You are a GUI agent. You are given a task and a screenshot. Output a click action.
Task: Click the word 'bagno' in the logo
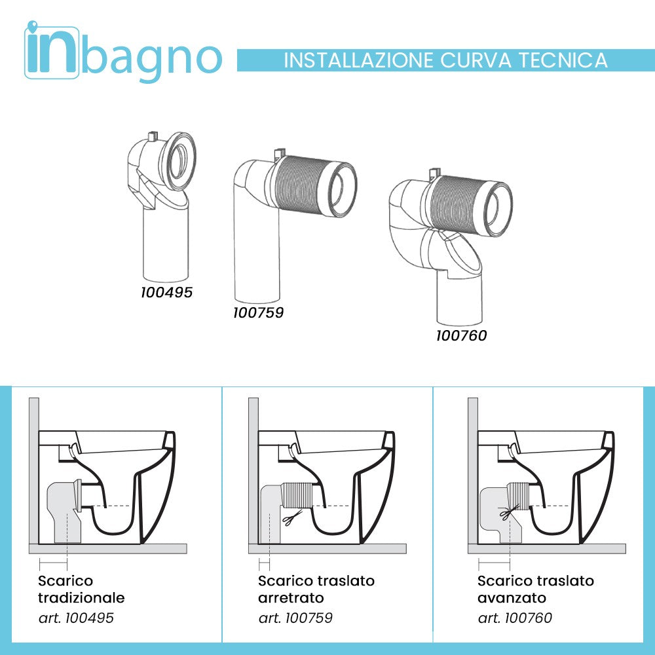pyautogui.click(x=153, y=58)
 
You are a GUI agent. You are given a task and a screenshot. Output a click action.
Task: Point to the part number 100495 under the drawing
pyautogui.click(x=167, y=292)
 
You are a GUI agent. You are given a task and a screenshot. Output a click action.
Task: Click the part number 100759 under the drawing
pyautogui.click(x=258, y=313)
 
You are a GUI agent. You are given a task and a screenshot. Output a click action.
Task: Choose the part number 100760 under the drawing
pyautogui.click(x=462, y=336)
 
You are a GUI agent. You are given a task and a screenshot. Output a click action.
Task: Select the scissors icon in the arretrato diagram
pyautogui.click(x=288, y=519)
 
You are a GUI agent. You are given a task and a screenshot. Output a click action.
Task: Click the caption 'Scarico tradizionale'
pyautogui.click(x=81, y=589)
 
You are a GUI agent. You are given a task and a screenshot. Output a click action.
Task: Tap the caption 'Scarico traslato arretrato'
pyautogui.click(x=316, y=589)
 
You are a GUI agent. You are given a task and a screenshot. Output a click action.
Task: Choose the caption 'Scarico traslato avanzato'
pyautogui.click(x=536, y=589)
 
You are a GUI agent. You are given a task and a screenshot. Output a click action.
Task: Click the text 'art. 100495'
pyautogui.click(x=76, y=618)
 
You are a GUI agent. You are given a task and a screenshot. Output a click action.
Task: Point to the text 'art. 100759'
pyautogui.click(x=295, y=618)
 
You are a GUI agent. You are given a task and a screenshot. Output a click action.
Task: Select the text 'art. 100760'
pyautogui.click(x=515, y=618)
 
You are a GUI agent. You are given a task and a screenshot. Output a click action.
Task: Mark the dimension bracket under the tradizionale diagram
pyautogui.click(x=54, y=563)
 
